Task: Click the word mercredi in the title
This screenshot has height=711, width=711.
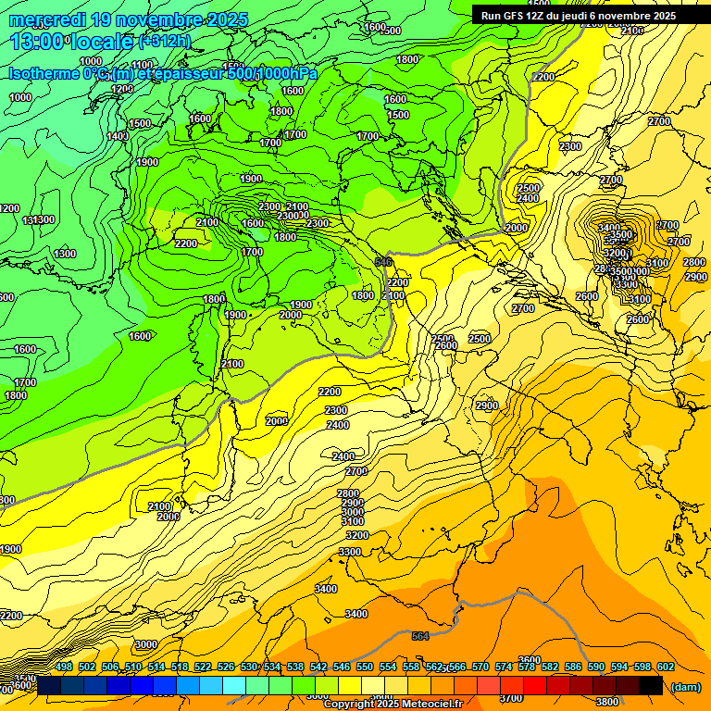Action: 51,19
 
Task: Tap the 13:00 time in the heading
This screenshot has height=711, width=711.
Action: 38,41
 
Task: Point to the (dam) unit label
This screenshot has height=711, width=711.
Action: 685,687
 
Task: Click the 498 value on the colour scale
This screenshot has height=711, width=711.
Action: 64,667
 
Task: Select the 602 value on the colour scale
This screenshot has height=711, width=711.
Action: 665,667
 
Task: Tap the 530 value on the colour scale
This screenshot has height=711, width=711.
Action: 249,667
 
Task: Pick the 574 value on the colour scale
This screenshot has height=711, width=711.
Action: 504,667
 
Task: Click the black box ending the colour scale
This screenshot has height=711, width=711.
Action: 651,685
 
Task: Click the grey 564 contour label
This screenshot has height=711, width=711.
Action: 420,636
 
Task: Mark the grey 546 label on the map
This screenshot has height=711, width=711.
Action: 383,263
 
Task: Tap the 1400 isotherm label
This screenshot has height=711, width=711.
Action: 118,137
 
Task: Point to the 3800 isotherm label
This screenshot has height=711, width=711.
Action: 607,702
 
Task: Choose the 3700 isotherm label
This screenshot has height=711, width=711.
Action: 511,698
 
